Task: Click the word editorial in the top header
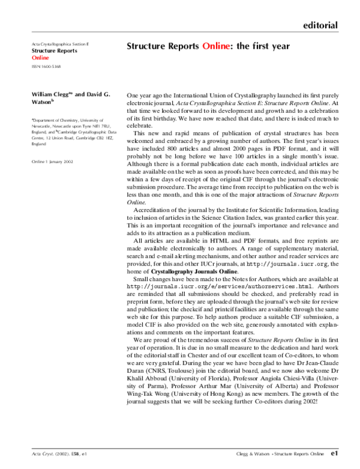coord(320,25)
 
